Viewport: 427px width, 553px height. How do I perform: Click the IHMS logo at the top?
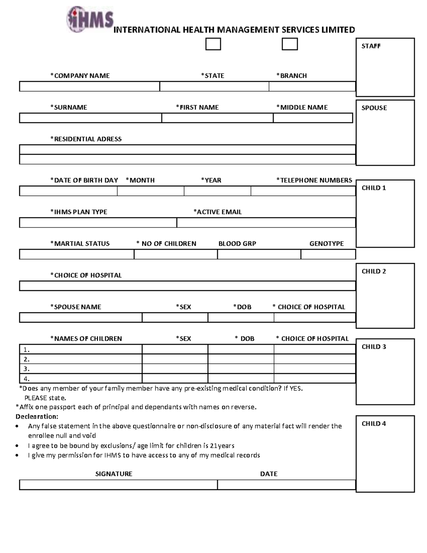pyautogui.click(x=90, y=19)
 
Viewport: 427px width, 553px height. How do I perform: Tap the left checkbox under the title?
pyautogui.click(x=213, y=44)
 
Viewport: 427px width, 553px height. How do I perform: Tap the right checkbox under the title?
pyautogui.click(x=290, y=44)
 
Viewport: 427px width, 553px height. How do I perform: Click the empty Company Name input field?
pyautogui.click(x=89, y=87)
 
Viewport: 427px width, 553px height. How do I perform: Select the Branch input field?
pyautogui.click(x=312, y=87)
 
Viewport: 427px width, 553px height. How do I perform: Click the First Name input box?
pyautogui.click(x=217, y=118)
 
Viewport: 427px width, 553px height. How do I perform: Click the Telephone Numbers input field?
pyautogui.click(x=303, y=191)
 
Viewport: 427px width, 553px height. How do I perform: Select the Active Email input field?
pyautogui.click(x=266, y=223)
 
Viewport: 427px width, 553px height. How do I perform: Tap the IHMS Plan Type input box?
pyautogui.click(x=98, y=223)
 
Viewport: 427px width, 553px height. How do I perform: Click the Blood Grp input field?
pyautogui.click(x=259, y=254)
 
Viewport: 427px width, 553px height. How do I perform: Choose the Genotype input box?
pyautogui.click(x=328, y=254)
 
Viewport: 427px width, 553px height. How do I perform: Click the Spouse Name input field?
pyautogui.click(x=80, y=318)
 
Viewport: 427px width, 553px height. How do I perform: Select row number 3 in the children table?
pyautogui.click(x=80, y=369)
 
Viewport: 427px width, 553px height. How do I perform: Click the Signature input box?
pyautogui.click(x=118, y=485)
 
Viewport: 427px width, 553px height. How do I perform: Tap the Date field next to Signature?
pyautogui.click(x=286, y=485)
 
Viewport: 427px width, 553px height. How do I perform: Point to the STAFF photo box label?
pyautogui.click(x=371, y=46)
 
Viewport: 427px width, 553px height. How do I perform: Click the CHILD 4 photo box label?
pyautogui.click(x=374, y=423)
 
